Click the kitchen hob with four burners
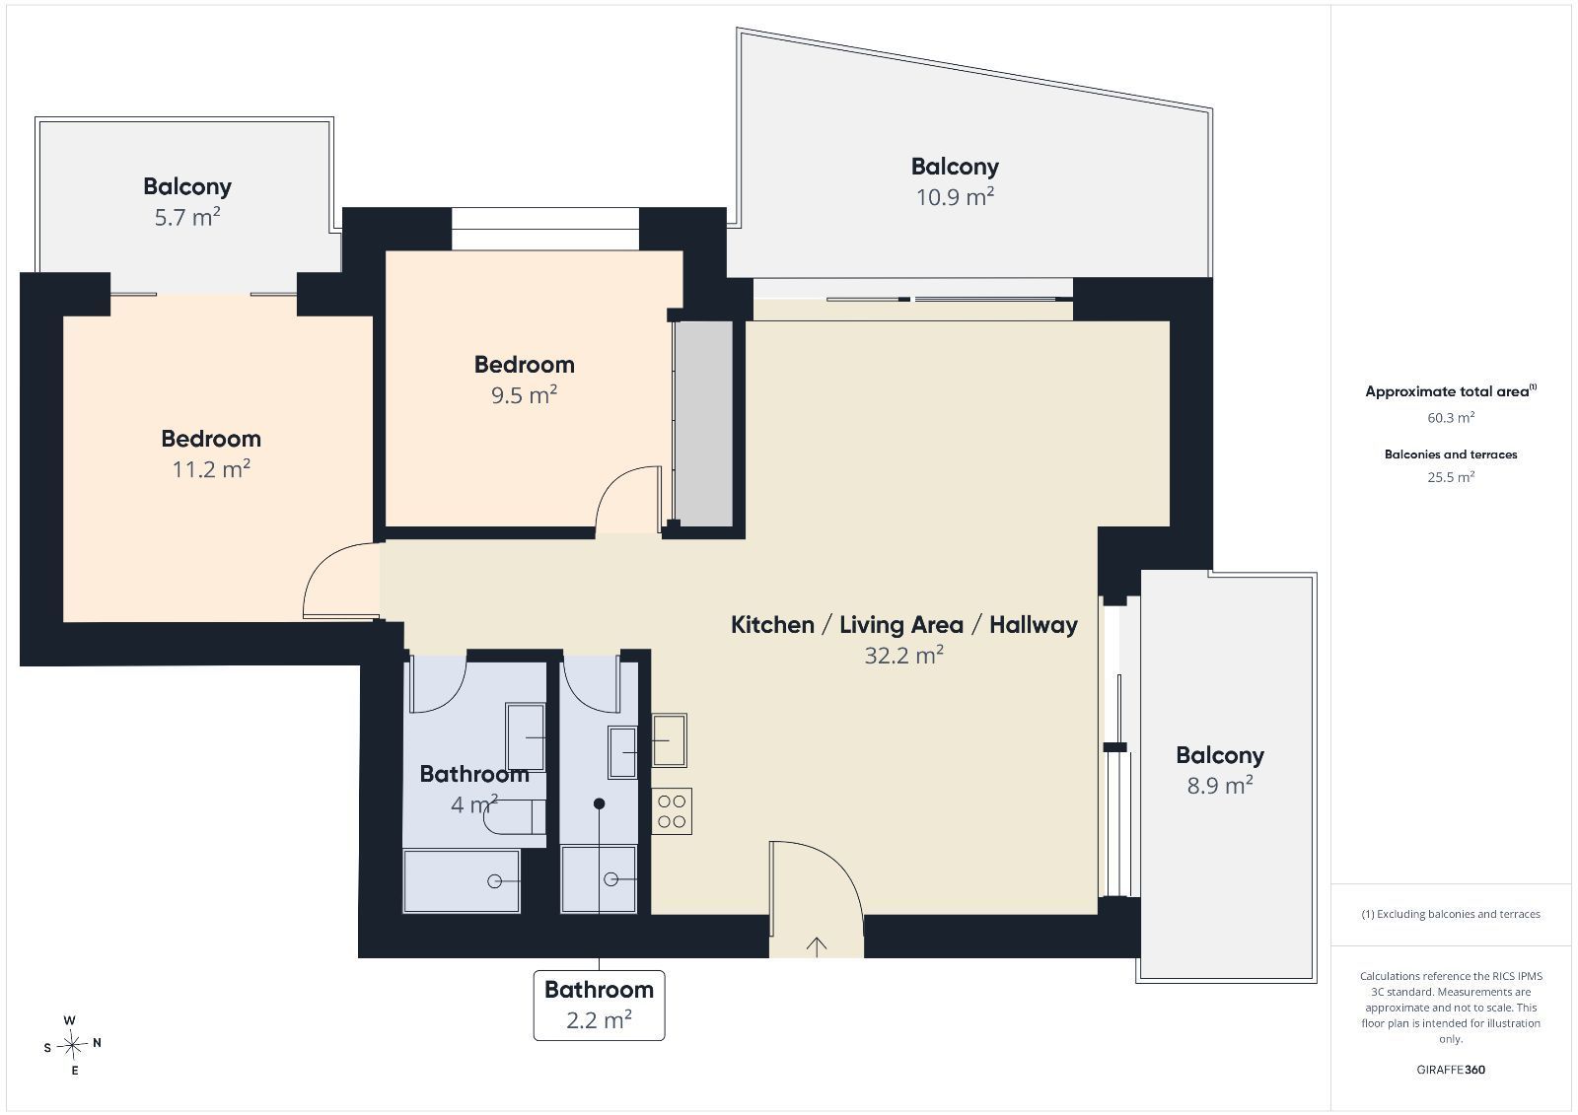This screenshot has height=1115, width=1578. tap(672, 810)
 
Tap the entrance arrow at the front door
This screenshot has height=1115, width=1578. tap(817, 946)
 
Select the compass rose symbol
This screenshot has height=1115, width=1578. tap(72, 1045)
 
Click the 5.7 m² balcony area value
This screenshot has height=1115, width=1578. tap(187, 217)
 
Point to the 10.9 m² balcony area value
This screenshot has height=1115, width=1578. tap(955, 196)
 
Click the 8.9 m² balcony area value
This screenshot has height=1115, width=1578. tap(1220, 785)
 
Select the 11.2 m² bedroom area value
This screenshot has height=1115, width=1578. tap(211, 468)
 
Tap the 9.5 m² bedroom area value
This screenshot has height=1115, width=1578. tap(524, 394)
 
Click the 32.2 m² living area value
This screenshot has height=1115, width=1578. tap(903, 655)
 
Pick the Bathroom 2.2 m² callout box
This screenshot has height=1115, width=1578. tap(599, 1006)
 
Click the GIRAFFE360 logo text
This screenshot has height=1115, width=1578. tap(1451, 1070)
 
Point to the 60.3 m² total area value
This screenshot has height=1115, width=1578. tap(1451, 418)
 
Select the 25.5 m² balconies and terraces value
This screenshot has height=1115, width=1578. tap(1451, 477)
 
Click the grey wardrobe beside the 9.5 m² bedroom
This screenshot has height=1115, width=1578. tap(703, 423)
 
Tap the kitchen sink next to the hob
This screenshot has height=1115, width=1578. tap(670, 740)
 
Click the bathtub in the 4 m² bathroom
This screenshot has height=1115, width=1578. tap(462, 881)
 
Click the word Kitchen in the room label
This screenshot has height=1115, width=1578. tap(772, 625)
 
